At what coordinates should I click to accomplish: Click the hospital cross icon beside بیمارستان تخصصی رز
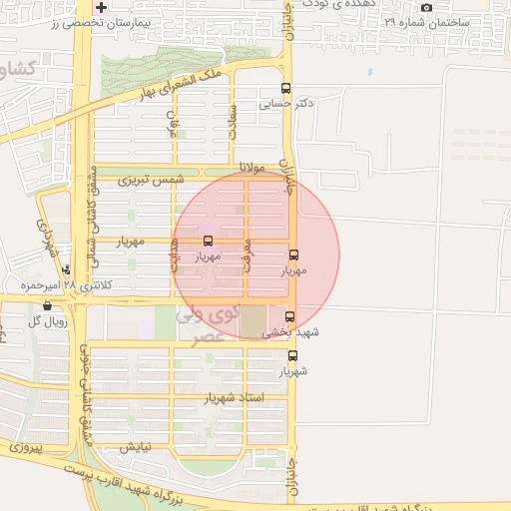(x=102, y=7)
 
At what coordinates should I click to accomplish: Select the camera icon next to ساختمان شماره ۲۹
(x=427, y=8)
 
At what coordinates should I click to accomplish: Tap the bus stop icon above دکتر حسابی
(x=287, y=88)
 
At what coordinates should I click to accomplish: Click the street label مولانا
(x=254, y=168)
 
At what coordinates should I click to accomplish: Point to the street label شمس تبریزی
(x=152, y=180)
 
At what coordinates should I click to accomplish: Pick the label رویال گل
(x=48, y=320)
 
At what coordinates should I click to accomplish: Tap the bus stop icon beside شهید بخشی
(x=290, y=316)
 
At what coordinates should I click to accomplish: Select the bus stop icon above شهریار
(x=292, y=355)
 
